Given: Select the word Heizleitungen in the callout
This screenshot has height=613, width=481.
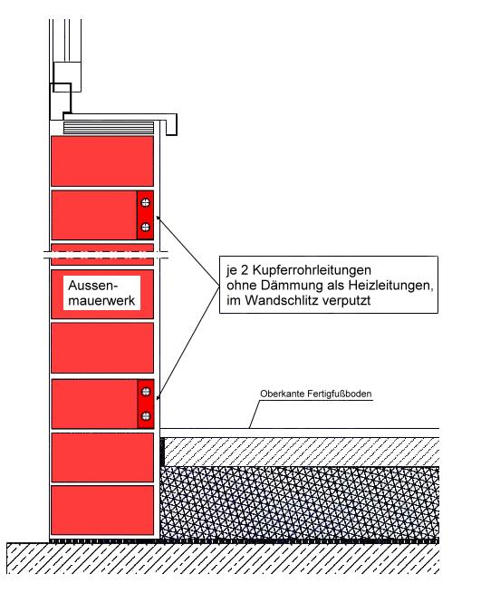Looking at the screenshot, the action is point(390,286).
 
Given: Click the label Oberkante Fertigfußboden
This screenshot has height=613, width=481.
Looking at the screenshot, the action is point(316,394).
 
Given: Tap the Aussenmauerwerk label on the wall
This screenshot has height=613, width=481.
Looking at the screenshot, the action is point(101,293).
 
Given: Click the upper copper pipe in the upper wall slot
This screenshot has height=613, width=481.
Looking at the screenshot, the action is point(145,202).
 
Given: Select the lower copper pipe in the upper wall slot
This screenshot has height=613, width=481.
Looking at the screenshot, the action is point(145,227).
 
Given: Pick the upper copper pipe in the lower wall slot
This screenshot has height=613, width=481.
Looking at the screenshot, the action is point(146,392).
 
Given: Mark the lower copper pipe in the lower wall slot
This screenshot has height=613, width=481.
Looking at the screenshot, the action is point(146,416).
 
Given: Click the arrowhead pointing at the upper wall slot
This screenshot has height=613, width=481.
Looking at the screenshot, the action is point(159,219).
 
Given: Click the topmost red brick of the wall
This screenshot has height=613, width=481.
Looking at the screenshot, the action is point(102,161).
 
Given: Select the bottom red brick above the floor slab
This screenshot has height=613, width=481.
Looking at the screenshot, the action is point(102,511).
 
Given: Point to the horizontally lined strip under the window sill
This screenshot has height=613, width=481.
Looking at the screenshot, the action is point(109,128).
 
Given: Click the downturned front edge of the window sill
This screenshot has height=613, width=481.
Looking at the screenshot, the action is point(172,125).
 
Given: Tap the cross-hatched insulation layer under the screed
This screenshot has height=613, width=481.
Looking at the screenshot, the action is point(300,502).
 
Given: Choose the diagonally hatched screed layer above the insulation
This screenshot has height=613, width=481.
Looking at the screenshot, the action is point(302,452).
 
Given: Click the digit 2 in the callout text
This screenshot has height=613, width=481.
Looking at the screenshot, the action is point(243,270).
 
